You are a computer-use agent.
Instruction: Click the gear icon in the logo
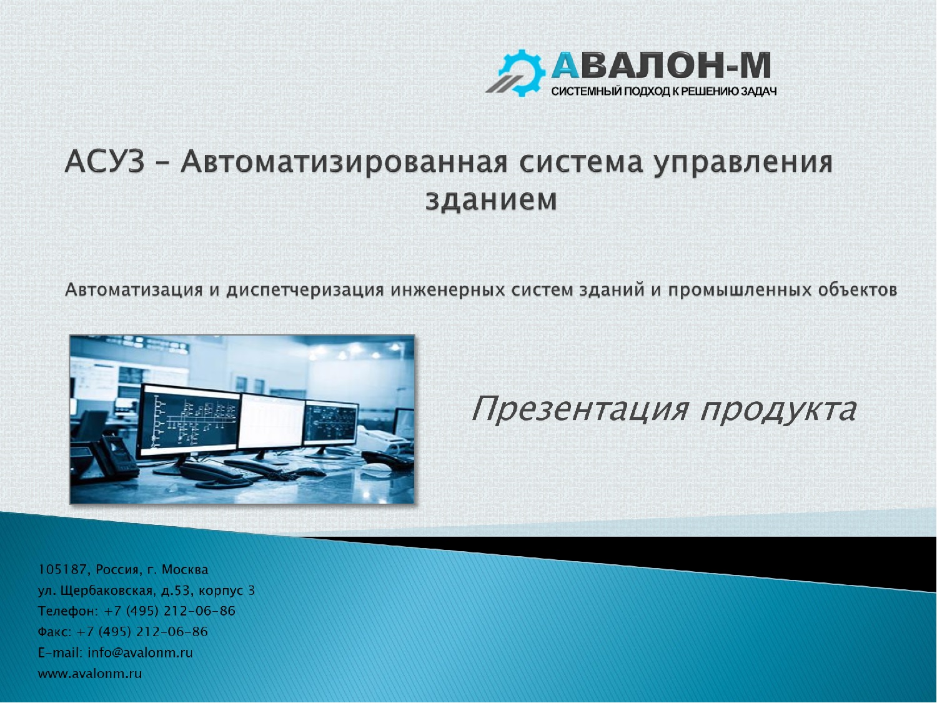point(521,72)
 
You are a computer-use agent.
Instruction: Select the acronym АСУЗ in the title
point(104,162)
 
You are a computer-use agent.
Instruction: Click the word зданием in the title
point(492,200)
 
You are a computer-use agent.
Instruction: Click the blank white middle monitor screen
point(272,421)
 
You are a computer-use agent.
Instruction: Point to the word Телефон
point(67,612)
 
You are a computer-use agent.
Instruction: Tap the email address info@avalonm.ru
point(140,653)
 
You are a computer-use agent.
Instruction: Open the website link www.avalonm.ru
point(90,674)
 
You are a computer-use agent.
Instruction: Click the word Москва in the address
point(185,570)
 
